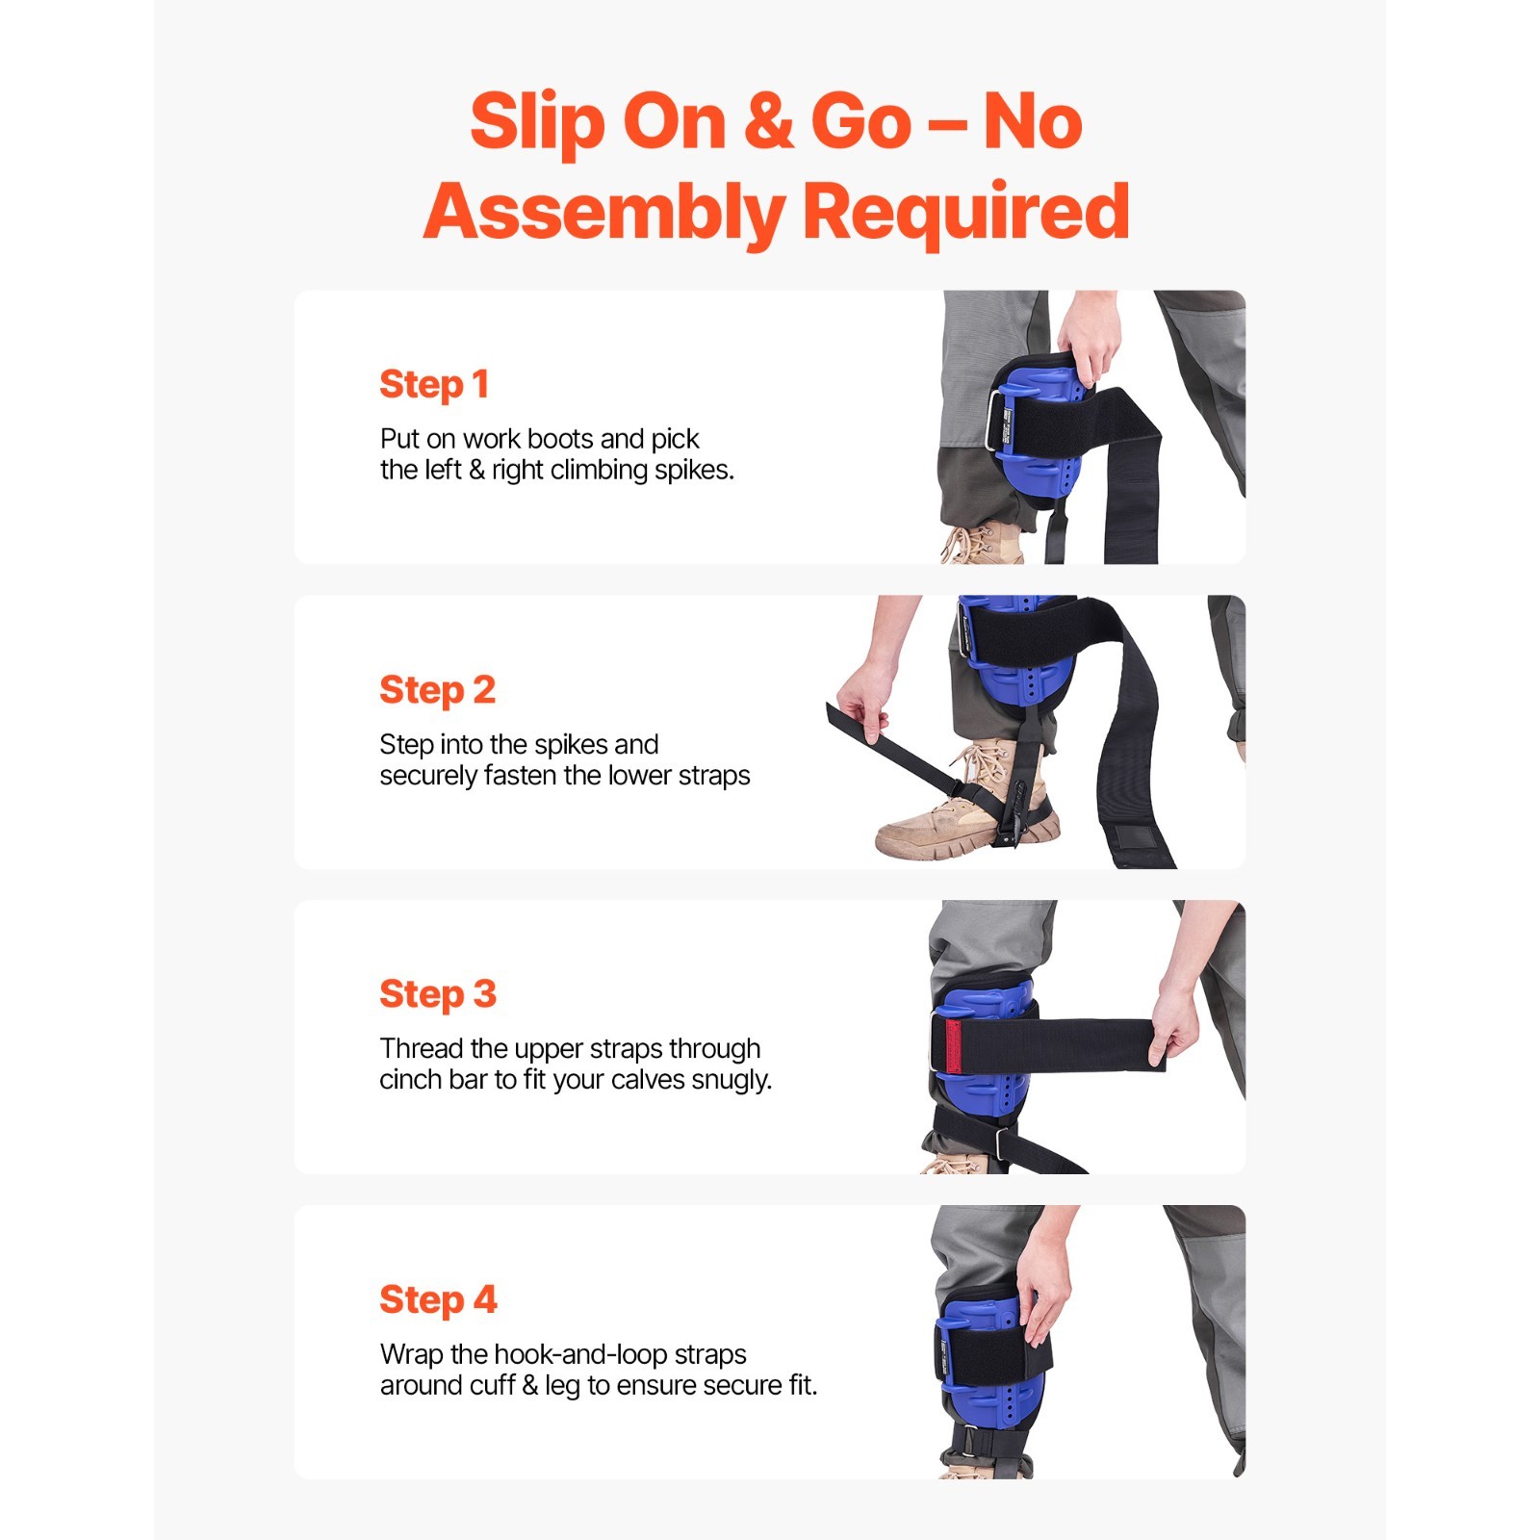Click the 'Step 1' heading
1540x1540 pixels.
(434, 385)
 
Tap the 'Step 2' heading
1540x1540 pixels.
(437, 690)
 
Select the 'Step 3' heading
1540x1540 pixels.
(438, 994)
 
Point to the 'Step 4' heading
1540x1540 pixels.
(438, 1300)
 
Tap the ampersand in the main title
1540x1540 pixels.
(769, 121)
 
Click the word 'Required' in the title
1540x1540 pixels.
(965, 214)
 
